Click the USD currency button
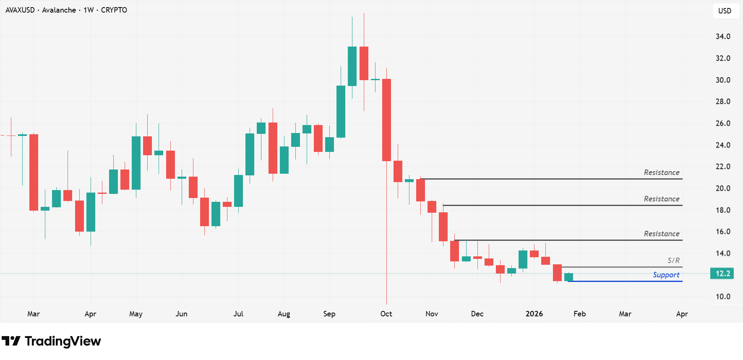(725, 11)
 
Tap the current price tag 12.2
(722, 274)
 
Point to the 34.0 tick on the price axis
(723, 37)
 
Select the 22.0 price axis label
(723, 167)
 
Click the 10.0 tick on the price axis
(723, 297)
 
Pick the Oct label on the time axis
(386, 314)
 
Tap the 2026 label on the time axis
(534, 314)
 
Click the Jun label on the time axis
(181, 314)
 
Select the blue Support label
(666, 275)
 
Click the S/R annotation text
(673, 261)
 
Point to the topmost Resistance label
(662, 172)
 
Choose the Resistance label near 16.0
(662, 234)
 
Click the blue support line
(625, 281)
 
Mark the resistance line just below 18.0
(562, 205)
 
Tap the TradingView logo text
(63, 341)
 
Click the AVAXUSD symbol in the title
(20, 10)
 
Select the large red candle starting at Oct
(386, 120)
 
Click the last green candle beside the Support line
(568, 277)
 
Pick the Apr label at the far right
(682, 314)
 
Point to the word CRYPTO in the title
(114, 10)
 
